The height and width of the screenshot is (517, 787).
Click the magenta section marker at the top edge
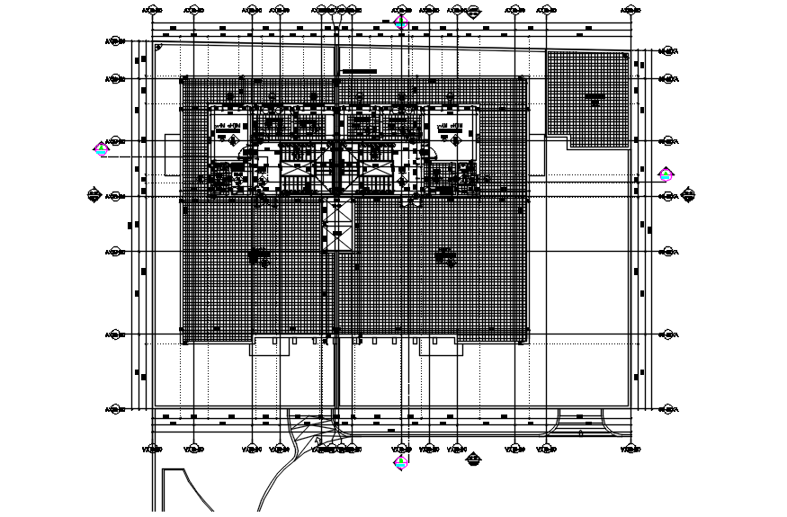click(x=401, y=22)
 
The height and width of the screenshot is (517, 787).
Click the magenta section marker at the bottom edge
click(x=401, y=462)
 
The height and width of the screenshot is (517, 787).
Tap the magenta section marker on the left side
click(x=101, y=149)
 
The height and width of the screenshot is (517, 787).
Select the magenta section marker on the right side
click(x=666, y=174)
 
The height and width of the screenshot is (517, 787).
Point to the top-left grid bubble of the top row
click(x=154, y=11)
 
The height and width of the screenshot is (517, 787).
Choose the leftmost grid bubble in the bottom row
click(x=154, y=449)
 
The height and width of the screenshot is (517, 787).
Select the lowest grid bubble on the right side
click(x=668, y=410)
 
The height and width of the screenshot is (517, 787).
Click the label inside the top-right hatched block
click(x=594, y=96)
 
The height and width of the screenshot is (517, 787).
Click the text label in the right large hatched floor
click(x=444, y=256)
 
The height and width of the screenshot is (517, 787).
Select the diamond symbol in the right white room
click(x=456, y=139)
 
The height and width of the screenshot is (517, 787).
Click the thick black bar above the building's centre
click(x=359, y=71)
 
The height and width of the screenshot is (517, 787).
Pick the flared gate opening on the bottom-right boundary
click(x=579, y=423)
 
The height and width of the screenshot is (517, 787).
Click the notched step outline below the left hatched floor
click(x=267, y=347)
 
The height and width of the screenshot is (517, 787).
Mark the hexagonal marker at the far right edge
click(x=689, y=193)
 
